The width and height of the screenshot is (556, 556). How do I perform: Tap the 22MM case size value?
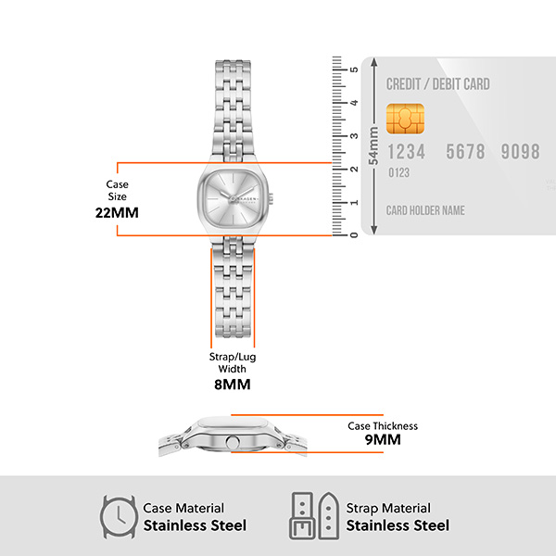click(x=117, y=212)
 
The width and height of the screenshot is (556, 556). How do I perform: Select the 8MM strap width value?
click(x=232, y=384)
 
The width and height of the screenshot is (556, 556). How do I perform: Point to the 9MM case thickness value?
click(x=383, y=440)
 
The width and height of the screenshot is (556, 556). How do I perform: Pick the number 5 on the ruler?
click(x=352, y=69)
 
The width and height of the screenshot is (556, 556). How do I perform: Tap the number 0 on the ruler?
click(x=352, y=234)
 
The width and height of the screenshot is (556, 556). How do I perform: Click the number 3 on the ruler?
click(x=352, y=136)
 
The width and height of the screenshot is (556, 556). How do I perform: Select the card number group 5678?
click(x=465, y=152)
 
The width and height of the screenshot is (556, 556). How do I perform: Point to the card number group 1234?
click(x=407, y=152)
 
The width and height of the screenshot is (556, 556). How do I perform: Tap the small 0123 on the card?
click(x=398, y=172)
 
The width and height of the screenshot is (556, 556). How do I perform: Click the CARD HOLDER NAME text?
click(x=425, y=210)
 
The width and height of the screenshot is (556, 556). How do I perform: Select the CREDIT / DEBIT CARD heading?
click(x=438, y=84)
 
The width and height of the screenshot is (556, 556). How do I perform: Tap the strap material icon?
click(x=312, y=515)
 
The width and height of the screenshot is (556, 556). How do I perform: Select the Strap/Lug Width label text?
click(x=232, y=361)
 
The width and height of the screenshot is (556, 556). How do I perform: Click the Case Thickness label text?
click(x=383, y=425)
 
